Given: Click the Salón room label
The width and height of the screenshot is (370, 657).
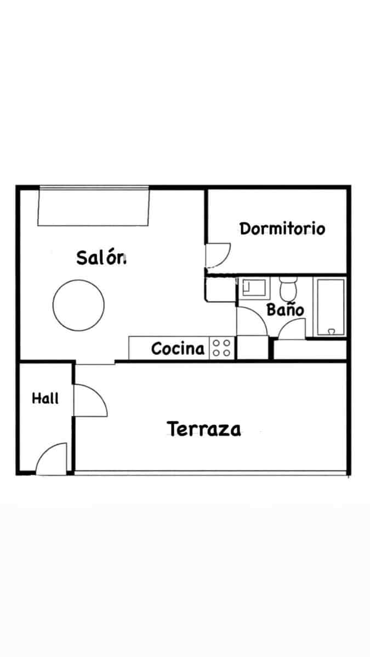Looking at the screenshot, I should coord(101,257).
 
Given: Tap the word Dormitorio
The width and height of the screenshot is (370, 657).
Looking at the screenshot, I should coord(282,228).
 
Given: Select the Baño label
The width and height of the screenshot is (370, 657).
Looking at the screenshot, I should coord(285,309).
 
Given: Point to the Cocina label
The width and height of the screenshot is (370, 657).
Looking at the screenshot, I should coord(178,349).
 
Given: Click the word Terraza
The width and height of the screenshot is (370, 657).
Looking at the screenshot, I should coord(204,429).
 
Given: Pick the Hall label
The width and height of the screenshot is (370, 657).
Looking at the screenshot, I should coord(45,398).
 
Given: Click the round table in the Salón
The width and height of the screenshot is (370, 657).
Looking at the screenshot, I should coord(78,305).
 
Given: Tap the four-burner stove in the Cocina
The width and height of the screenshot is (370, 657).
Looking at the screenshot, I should coord(222,348).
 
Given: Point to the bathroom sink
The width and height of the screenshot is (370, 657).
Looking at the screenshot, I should coord(254,287).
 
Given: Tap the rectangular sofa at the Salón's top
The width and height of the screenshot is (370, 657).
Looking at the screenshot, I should coord(94,206).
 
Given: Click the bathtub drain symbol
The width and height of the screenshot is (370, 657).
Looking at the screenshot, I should coord(331,331).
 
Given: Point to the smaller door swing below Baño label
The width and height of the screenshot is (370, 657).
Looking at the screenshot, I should coord(292,328).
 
